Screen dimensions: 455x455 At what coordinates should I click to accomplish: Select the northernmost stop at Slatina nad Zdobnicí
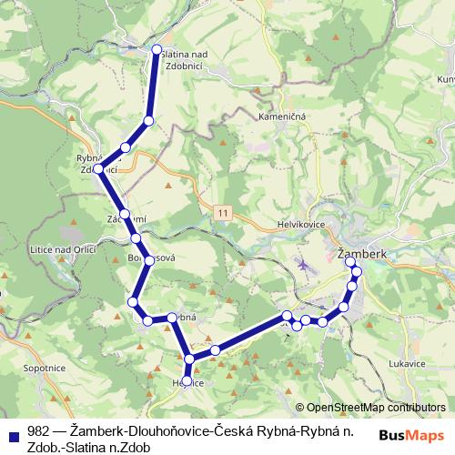coord(157,49)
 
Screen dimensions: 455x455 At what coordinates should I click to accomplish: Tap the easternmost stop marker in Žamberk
coord(357,272)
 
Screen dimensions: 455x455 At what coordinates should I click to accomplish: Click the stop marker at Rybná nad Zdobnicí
coord(99,168)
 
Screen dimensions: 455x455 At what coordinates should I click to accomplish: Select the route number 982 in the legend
coord(38,433)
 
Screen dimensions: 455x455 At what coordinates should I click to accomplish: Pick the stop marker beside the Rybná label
coord(171,318)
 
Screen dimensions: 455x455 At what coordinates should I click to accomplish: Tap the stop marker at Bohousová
coord(148,260)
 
